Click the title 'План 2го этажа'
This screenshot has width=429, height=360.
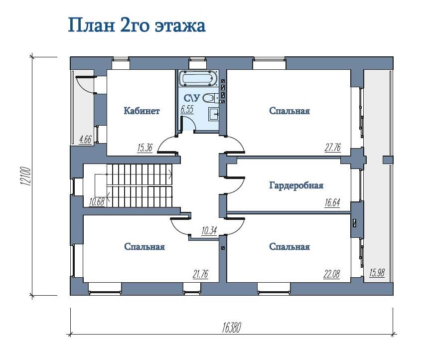[x=137, y=26]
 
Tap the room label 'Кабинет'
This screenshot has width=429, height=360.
[x=142, y=111]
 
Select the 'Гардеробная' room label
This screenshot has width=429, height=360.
[x=296, y=185]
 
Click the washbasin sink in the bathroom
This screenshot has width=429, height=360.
[x=213, y=114]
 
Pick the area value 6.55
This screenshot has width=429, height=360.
[x=187, y=109]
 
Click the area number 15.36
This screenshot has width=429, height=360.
[x=144, y=148]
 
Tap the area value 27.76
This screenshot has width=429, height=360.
[x=333, y=148]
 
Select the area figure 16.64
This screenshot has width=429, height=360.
[x=332, y=203]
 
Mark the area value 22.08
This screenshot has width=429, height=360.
[x=332, y=274]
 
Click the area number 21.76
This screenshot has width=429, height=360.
[x=200, y=274]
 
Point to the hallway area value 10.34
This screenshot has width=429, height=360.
[x=209, y=231]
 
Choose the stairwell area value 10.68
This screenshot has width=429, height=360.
[x=97, y=202]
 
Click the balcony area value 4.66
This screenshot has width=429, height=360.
[x=85, y=140]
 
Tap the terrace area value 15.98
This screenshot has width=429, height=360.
[x=377, y=273]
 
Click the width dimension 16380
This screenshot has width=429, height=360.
[x=232, y=327]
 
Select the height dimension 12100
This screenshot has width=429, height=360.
[x=26, y=176]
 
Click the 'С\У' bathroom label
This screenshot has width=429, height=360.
[x=192, y=98]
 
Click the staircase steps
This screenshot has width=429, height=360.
[x=139, y=185]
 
